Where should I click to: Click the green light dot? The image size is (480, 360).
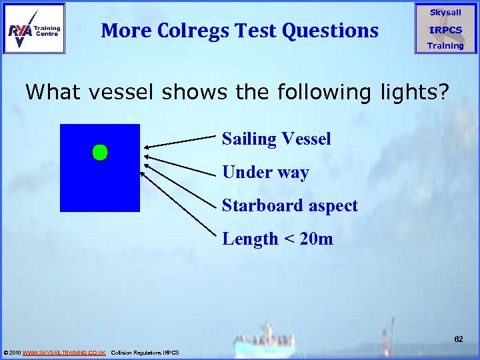[99, 153]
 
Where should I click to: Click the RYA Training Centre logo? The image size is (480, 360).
[35, 29]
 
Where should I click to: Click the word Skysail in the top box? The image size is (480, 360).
[445, 12]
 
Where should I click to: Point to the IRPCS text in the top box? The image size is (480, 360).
[445, 30]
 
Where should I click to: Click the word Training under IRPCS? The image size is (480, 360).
[445, 46]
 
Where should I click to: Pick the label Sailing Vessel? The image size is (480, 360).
[276, 139]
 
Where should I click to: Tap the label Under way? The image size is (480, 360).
[265, 172]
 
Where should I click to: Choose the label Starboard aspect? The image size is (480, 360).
[289, 205]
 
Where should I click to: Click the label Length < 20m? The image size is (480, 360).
[277, 238]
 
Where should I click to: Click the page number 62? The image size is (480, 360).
[458, 339]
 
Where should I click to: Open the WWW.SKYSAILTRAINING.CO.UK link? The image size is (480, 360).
[64, 352]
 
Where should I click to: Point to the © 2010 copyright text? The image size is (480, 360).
[12, 352]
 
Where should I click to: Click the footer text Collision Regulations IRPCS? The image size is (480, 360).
[145, 352]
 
